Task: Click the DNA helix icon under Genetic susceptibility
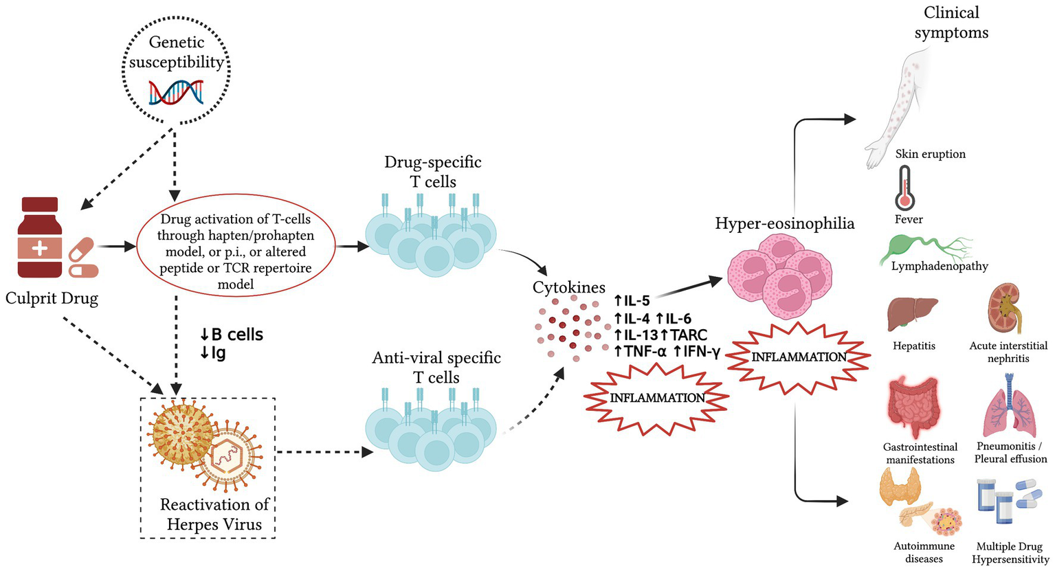click(x=176, y=92)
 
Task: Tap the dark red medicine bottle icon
click(x=40, y=238)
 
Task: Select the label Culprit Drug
click(x=52, y=299)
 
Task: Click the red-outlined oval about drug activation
click(x=236, y=251)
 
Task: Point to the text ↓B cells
click(x=231, y=335)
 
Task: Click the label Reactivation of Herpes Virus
click(x=214, y=515)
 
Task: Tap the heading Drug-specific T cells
click(x=433, y=172)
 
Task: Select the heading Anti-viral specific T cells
click(x=436, y=368)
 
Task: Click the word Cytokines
click(x=569, y=288)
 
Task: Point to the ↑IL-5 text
click(x=632, y=300)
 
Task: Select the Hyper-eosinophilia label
click(x=784, y=223)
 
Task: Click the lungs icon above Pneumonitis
click(x=1008, y=407)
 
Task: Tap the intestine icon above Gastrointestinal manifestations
click(x=914, y=407)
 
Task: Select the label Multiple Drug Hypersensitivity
click(x=1010, y=553)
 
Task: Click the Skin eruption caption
click(x=930, y=154)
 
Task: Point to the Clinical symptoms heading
click(x=951, y=22)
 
